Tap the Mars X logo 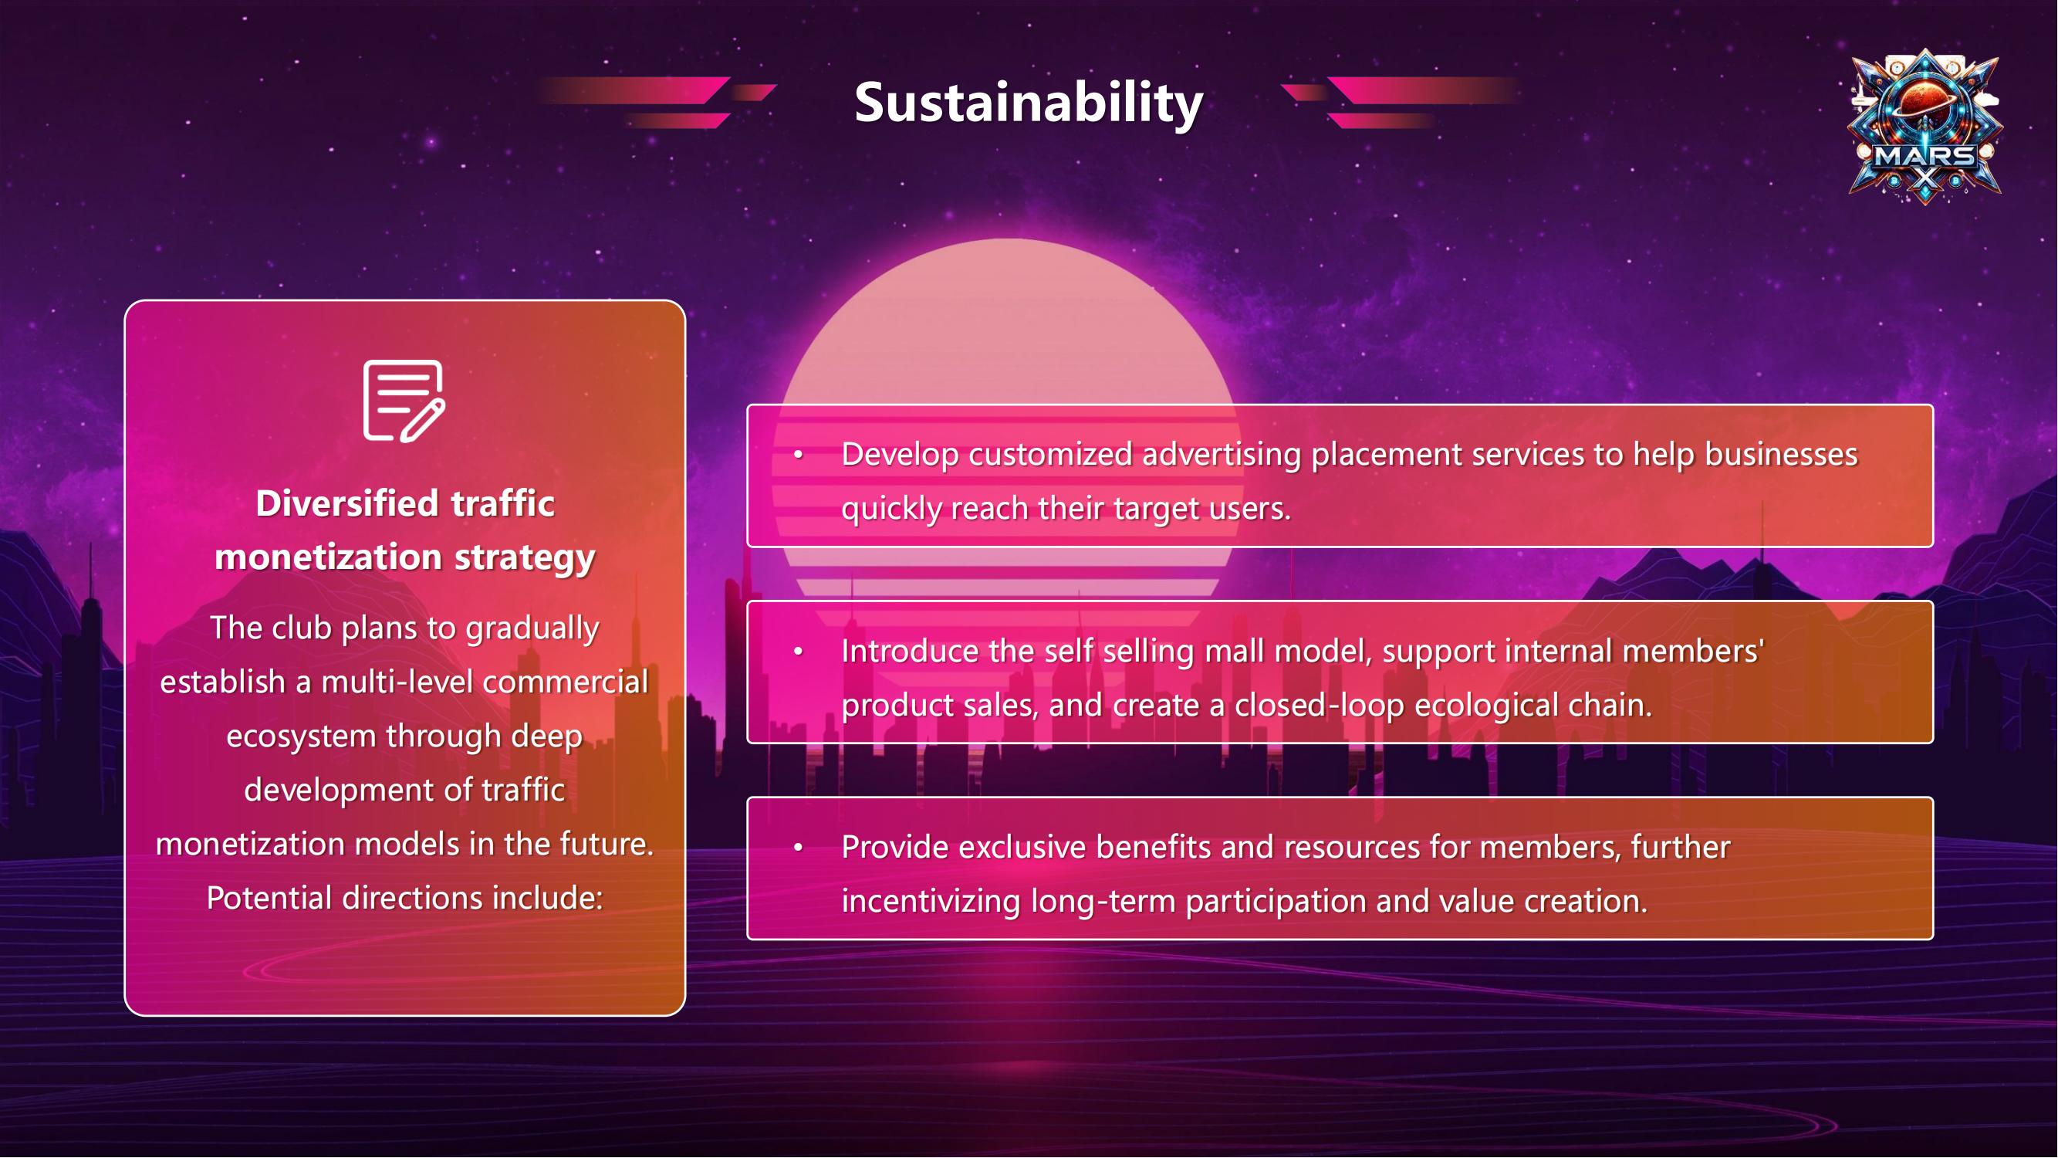coord(1925,127)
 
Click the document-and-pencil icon coord(404,401)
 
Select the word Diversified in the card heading coord(346,503)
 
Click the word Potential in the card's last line coord(269,899)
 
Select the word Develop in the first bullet coord(900,455)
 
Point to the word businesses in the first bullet coord(1782,454)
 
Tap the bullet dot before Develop coord(797,455)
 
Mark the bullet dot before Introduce coord(797,652)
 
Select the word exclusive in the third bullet coord(1022,847)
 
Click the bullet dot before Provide coord(797,847)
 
